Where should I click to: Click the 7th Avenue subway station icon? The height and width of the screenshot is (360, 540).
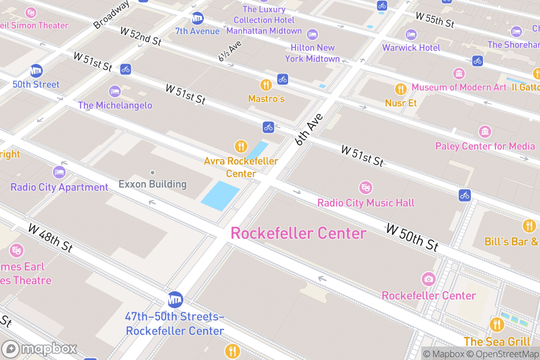coord(197,19)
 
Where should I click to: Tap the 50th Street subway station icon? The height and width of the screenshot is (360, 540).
coord(36,71)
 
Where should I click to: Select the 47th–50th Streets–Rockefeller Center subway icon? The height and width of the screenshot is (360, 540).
coord(175,299)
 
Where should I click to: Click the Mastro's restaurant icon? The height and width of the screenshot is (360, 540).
coord(266,85)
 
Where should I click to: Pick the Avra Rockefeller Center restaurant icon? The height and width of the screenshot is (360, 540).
coord(241,146)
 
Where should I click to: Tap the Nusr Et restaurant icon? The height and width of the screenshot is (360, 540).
coord(400,89)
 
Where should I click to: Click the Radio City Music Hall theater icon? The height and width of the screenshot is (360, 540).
coord(365,188)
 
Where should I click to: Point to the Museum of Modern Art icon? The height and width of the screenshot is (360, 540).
coord(459,73)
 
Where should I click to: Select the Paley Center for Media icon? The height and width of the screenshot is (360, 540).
coord(485,132)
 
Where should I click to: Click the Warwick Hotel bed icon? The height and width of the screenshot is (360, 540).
coord(411,34)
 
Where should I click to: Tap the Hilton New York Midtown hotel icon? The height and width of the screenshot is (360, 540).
coord(312,34)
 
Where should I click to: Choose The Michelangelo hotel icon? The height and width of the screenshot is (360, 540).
coord(115,91)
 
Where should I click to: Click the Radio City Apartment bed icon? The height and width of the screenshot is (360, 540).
coord(59,172)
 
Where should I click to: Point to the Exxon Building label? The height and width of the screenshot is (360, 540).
coord(152,184)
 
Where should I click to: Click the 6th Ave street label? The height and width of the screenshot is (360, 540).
coord(310,130)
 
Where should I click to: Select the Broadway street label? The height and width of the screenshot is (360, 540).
coord(111,14)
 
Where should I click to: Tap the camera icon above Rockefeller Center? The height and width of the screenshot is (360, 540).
coord(428,279)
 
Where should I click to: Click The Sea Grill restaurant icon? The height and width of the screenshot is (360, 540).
coord(497,324)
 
